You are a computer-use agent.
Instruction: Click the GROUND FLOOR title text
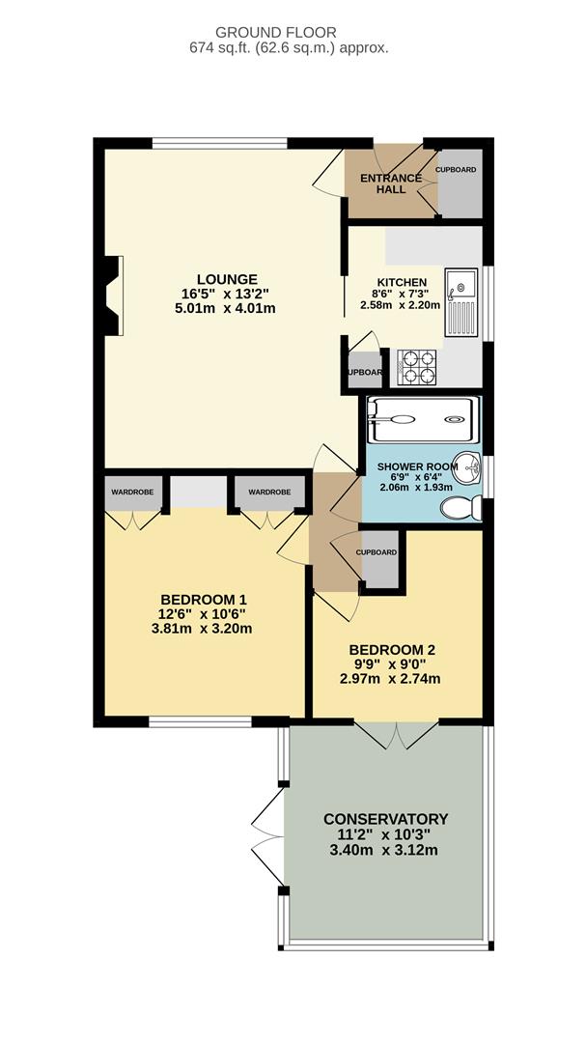(x=276, y=32)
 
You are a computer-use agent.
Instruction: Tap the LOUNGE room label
(x=227, y=279)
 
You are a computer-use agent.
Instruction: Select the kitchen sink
(x=461, y=302)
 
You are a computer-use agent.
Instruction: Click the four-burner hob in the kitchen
(x=417, y=367)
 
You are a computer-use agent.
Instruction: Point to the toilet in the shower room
(x=461, y=508)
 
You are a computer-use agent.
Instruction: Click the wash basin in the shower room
(x=471, y=469)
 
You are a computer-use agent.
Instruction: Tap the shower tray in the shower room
(x=423, y=420)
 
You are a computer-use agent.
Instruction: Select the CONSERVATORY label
(x=386, y=819)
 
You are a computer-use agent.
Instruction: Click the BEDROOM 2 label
(x=393, y=650)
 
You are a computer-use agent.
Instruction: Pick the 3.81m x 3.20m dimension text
(x=202, y=628)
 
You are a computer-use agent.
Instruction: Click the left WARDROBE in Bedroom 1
(x=132, y=493)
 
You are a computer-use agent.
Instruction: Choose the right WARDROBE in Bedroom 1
(x=269, y=493)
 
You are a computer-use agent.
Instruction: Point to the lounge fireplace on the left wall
(x=111, y=296)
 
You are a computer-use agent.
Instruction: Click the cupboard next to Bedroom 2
(x=380, y=559)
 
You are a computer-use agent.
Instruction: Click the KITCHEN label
(x=399, y=281)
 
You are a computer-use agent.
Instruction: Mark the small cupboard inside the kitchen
(x=365, y=373)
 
